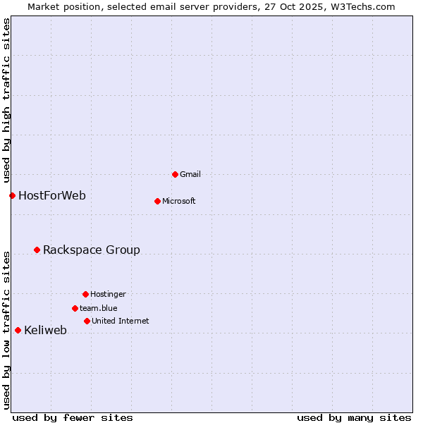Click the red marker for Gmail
[x=175, y=174]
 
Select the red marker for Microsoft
[x=157, y=201]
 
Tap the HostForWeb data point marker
[x=12, y=195]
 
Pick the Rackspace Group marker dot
[x=37, y=250]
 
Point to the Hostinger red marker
[x=85, y=294]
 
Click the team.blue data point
[x=75, y=308]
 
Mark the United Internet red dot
[x=87, y=321]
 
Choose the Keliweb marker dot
[x=18, y=330]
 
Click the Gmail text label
[x=190, y=174]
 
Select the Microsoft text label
[x=179, y=201]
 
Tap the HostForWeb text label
[x=52, y=195]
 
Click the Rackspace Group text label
[x=92, y=250]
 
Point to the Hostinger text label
[x=108, y=294]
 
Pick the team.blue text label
[x=99, y=308]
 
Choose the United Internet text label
[x=121, y=321]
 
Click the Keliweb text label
[x=46, y=330]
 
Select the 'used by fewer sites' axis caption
[x=73, y=417]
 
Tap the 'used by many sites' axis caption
[x=354, y=417]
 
